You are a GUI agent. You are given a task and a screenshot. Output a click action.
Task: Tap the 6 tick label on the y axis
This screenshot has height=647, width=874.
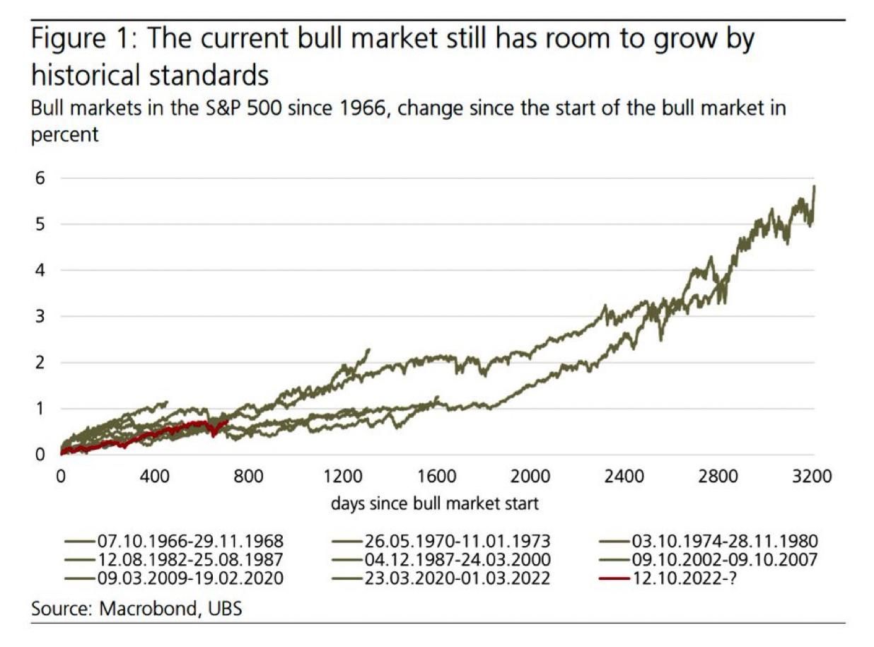point(41,178)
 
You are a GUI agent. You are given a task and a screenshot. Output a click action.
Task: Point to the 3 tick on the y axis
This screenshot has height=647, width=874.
point(41,316)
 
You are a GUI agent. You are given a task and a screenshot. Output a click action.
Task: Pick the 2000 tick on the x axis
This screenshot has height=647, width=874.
point(530,477)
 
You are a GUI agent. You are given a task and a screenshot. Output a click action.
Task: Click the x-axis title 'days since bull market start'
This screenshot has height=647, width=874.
point(434,504)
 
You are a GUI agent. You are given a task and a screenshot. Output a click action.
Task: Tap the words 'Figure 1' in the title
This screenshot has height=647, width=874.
point(75,40)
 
